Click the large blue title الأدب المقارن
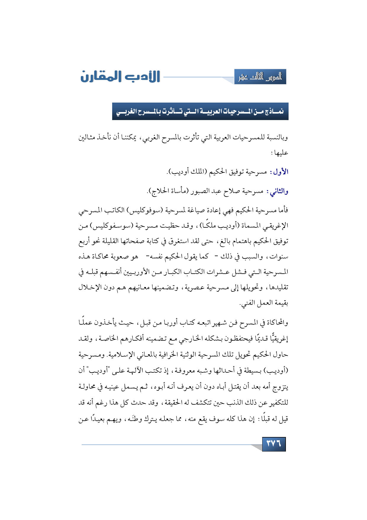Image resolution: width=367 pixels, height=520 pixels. click(120, 76)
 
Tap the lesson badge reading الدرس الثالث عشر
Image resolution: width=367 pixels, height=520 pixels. click(260, 77)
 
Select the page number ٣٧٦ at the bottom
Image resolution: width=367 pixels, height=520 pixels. click(274, 444)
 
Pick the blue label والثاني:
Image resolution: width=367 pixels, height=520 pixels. click(277, 192)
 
